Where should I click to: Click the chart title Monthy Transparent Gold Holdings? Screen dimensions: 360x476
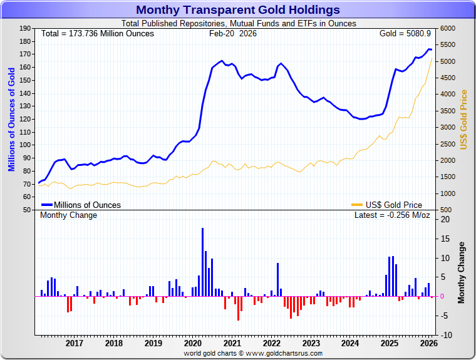[238, 10]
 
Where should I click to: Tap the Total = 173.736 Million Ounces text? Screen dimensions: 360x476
[97, 33]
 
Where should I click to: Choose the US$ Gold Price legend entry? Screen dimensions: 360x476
[394, 205]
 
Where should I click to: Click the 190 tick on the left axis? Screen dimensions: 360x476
[26, 28]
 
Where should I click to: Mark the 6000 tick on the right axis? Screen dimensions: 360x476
[448, 28]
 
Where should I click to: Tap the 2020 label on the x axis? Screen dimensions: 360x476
[193, 343]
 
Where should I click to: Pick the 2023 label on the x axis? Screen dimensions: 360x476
[311, 343]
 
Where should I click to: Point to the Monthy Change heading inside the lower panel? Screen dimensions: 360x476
[69, 215]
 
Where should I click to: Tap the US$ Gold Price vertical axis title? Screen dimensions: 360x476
[464, 119]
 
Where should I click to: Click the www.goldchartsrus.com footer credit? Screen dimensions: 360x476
[253, 354]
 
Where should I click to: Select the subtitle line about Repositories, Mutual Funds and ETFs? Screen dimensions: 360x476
[238, 23]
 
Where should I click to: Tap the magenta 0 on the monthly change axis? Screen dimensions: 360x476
[442, 296]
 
